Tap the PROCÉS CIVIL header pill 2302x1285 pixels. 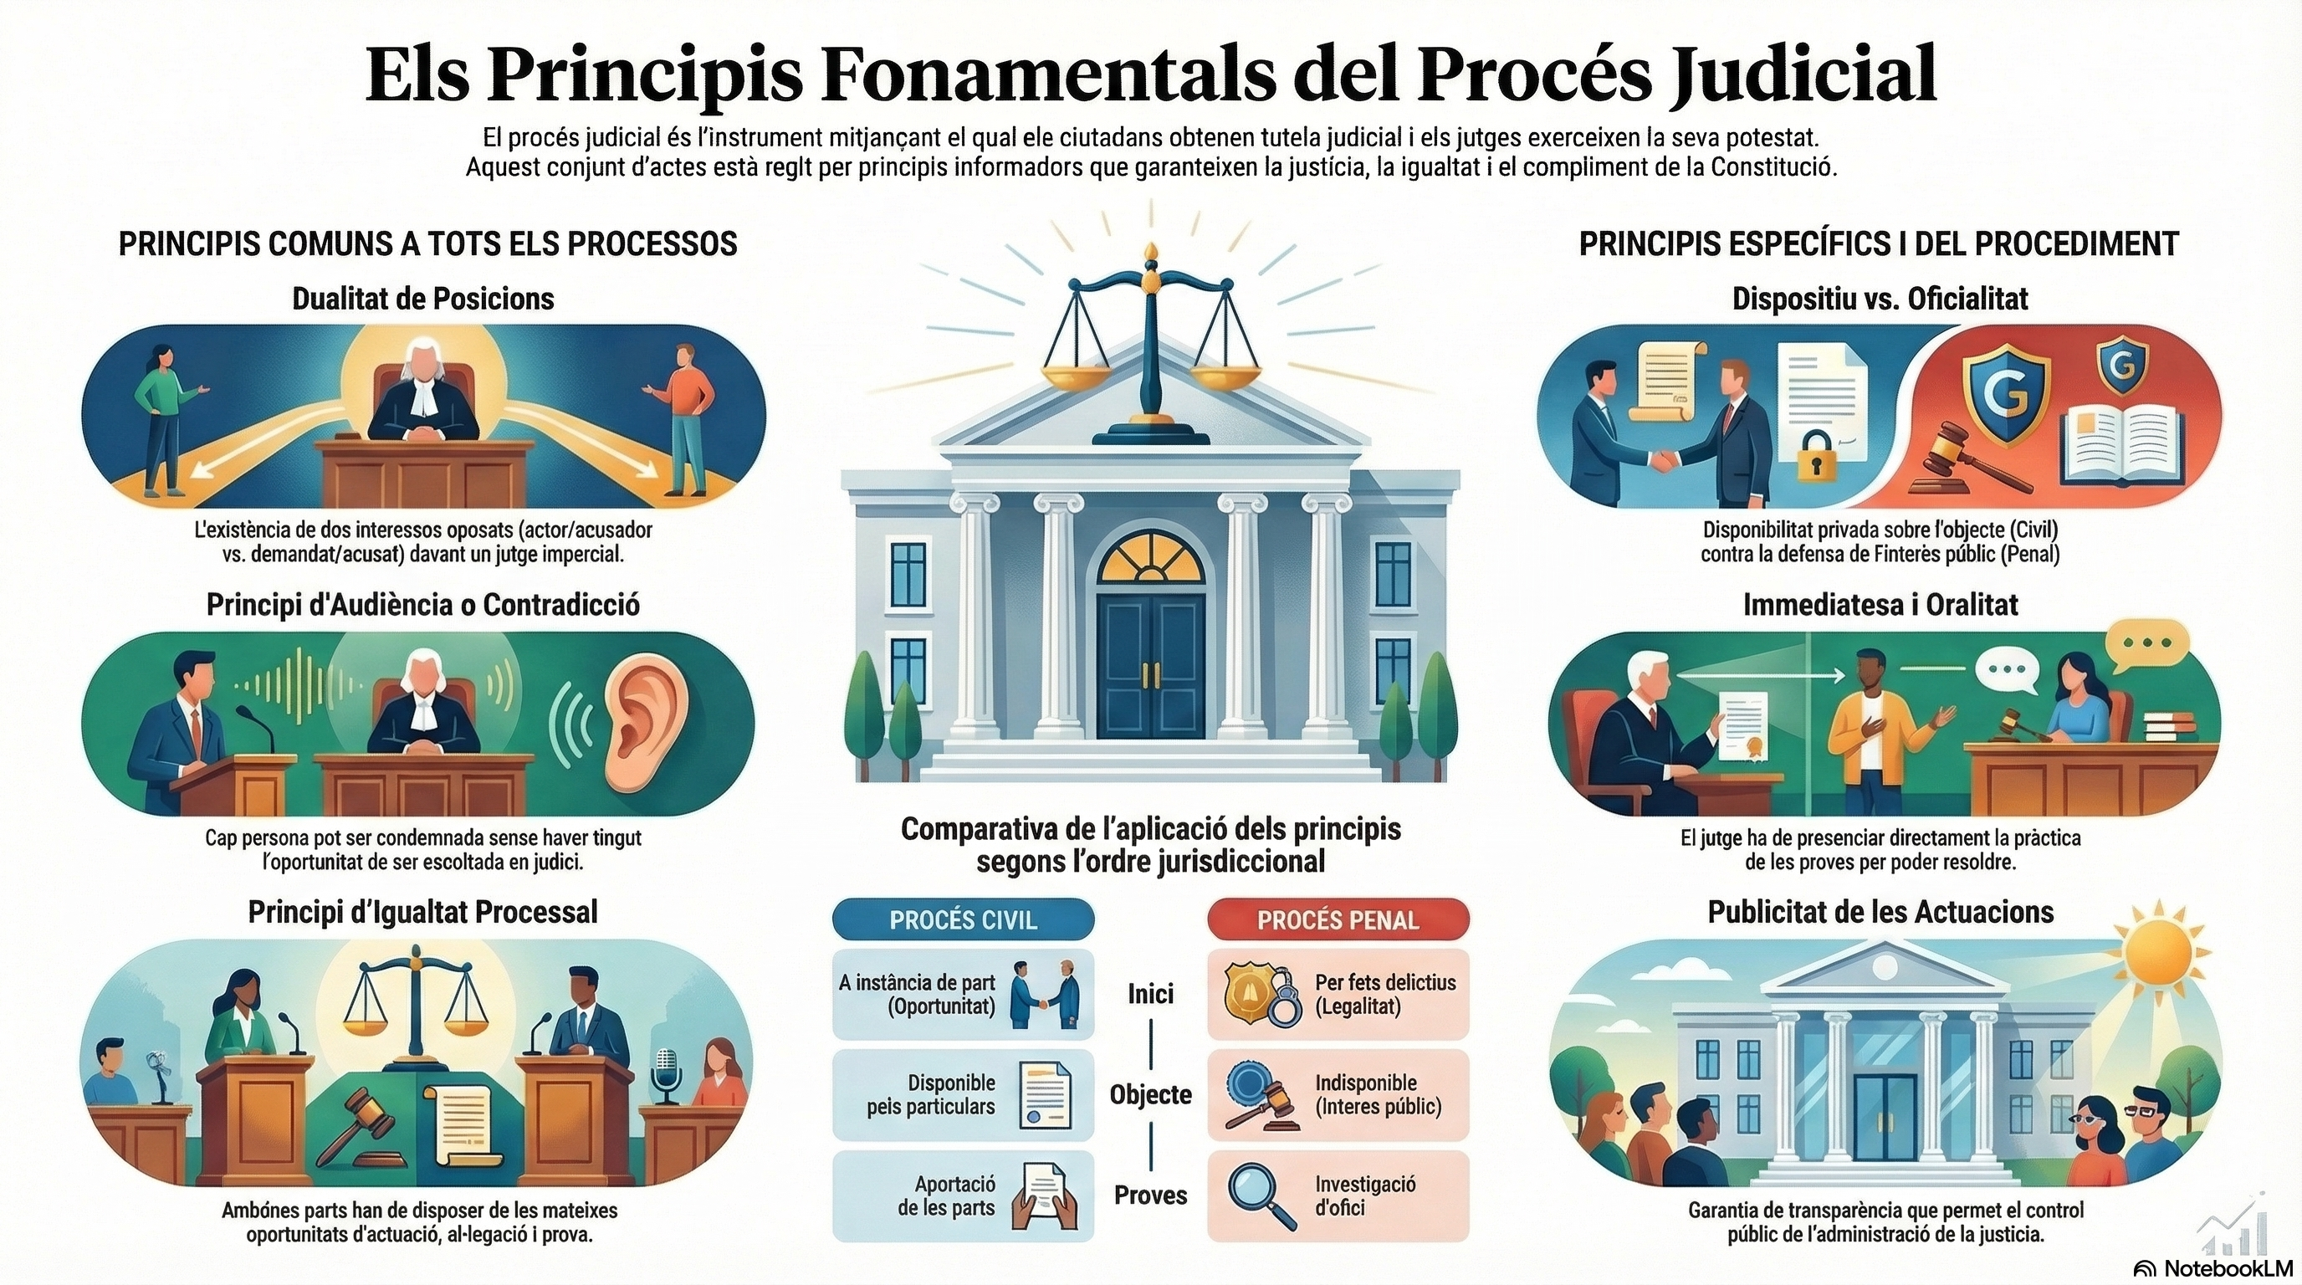[x=963, y=920]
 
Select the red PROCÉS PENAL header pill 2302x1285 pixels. [x=1338, y=920]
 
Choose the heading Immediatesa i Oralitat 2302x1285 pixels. [x=1880, y=605]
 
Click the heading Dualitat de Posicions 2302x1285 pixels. [x=422, y=299]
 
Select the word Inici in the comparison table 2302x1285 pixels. [x=1150, y=994]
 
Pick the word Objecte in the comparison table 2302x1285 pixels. [x=1150, y=1094]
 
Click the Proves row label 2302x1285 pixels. [x=1150, y=1195]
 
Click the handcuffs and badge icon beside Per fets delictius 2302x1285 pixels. [x=1258, y=994]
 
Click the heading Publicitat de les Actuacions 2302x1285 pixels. [x=1880, y=913]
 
